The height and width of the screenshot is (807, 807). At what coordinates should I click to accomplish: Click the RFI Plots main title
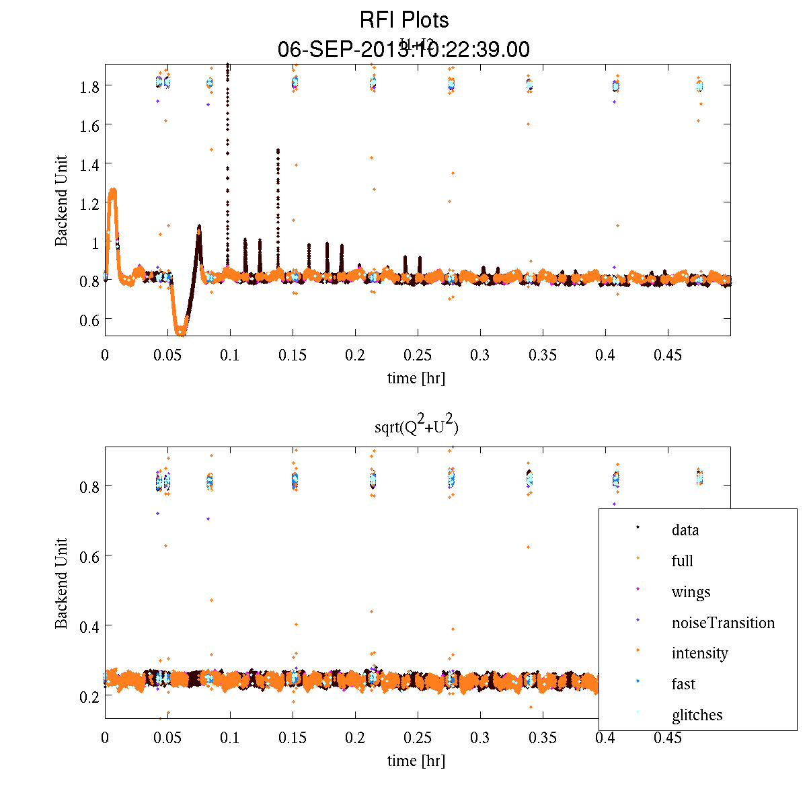[403, 20]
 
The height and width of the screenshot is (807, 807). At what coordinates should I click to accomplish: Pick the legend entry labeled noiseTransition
[723, 623]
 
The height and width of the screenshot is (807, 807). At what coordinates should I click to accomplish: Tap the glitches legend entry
[697, 715]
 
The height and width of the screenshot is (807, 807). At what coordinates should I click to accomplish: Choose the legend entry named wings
[691, 592]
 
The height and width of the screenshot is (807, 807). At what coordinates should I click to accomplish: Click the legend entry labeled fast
[683, 684]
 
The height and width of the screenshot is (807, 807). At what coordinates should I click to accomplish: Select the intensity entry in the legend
[699, 653]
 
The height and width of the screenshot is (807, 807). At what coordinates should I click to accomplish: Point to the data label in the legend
[685, 530]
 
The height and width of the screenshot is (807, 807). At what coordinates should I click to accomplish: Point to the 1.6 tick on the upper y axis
[87, 125]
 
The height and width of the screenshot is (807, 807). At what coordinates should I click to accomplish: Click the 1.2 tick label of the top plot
[87, 202]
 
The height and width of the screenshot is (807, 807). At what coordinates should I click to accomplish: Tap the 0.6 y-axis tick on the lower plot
[87, 556]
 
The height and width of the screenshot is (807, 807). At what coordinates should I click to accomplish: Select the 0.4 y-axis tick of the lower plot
[87, 626]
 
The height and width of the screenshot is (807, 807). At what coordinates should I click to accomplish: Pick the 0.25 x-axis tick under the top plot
[417, 355]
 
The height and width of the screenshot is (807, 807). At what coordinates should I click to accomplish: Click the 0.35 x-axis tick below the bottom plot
[542, 738]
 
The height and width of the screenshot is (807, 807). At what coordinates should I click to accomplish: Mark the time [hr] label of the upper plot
[416, 378]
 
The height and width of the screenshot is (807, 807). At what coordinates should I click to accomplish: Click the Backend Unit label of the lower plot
[62, 583]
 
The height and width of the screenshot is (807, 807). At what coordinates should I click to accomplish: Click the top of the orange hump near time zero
[112, 191]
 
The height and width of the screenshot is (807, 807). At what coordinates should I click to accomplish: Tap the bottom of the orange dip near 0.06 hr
[180, 332]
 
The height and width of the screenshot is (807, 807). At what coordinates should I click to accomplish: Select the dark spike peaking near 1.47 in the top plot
[278, 151]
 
